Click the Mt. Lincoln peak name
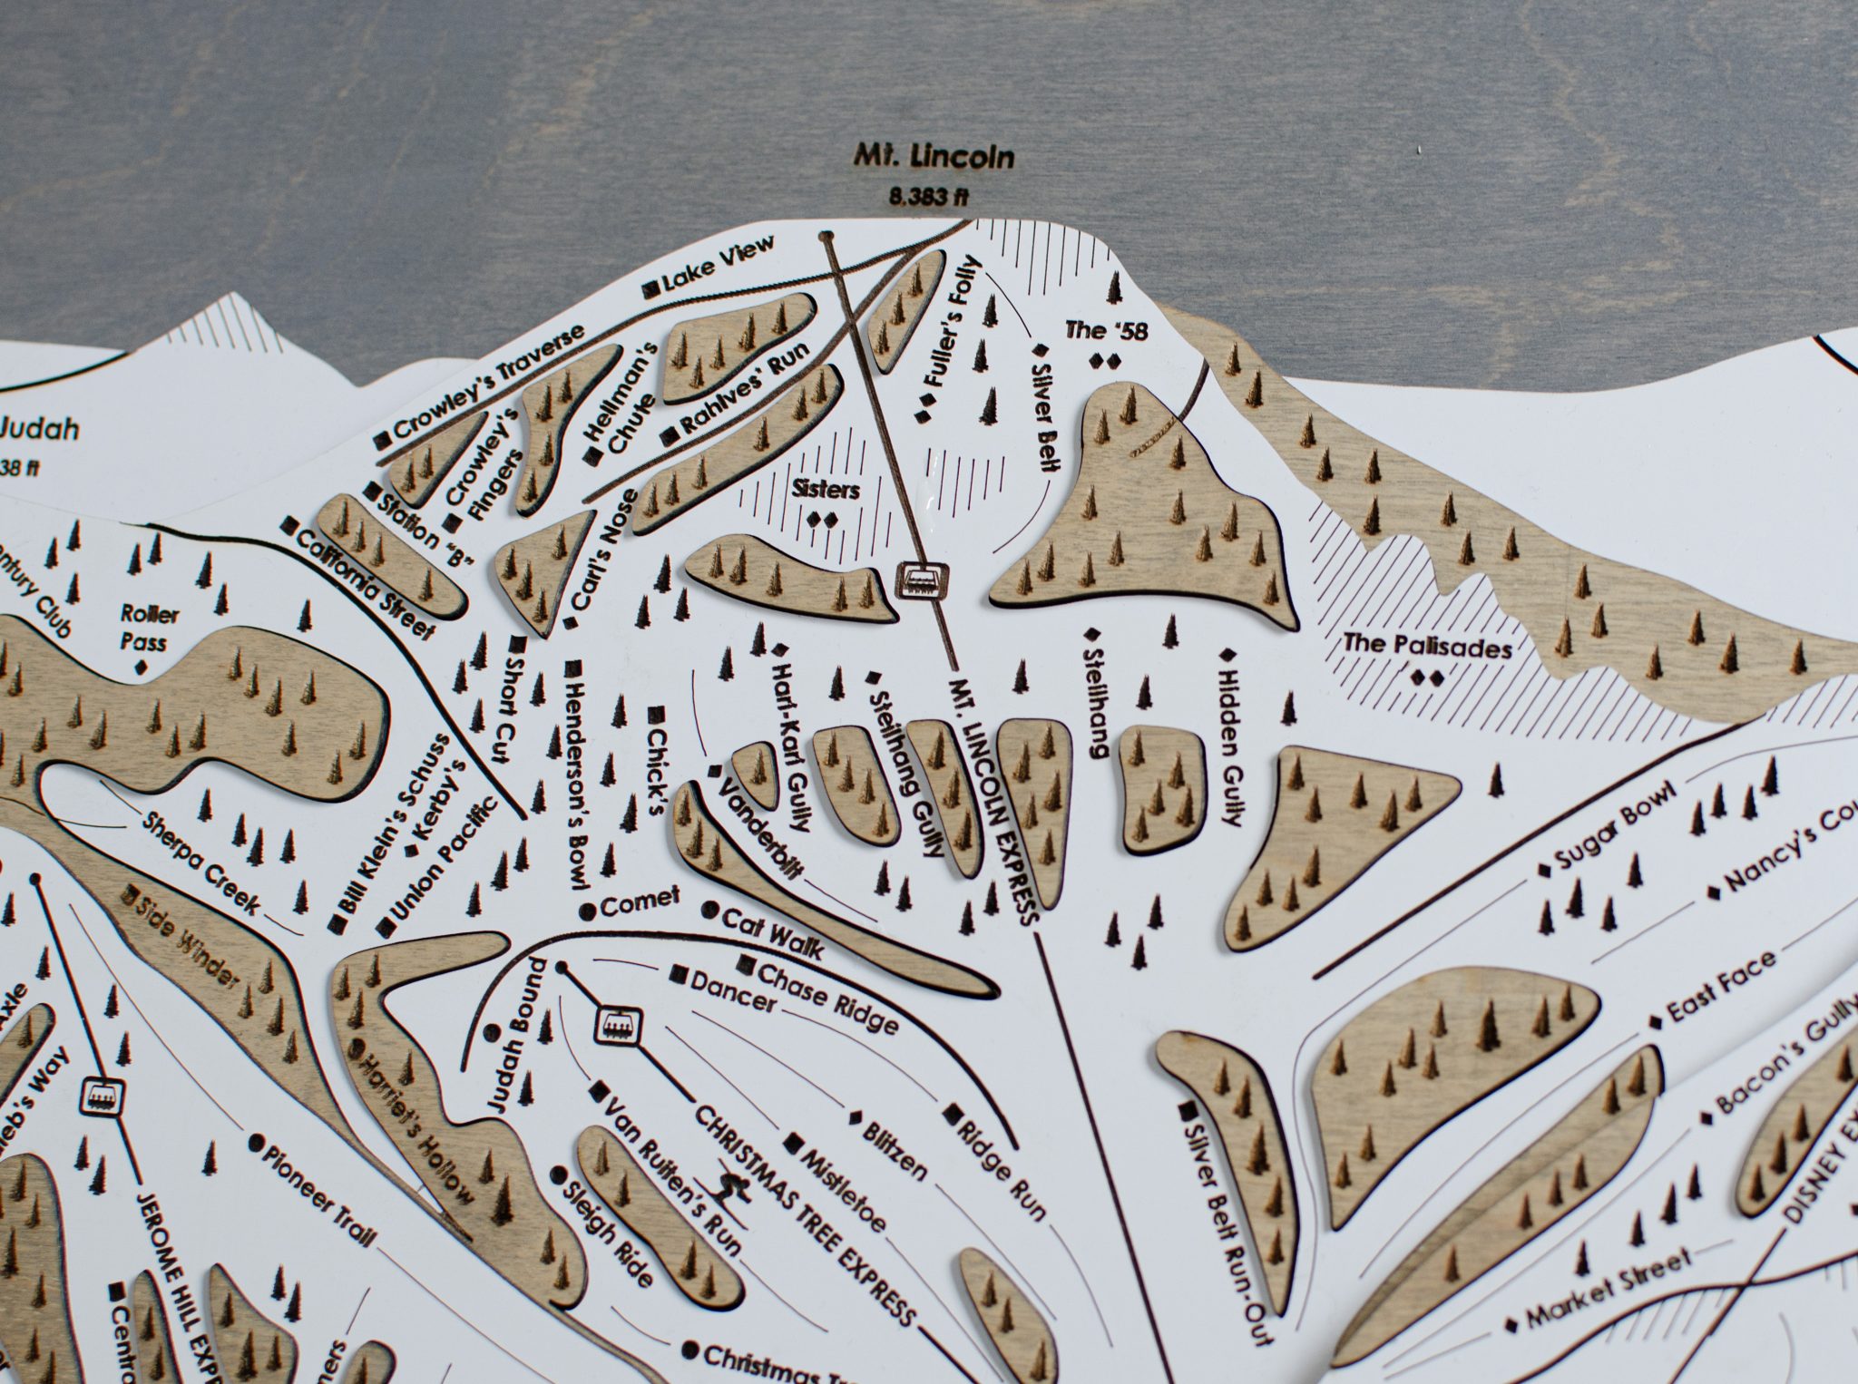pyautogui.click(x=934, y=157)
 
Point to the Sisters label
pyautogui.click(x=825, y=490)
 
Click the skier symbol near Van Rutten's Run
pyautogui.click(x=734, y=1188)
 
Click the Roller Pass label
pyautogui.click(x=150, y=628)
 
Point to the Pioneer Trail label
pyautogui.click(x=317, y=1190)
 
